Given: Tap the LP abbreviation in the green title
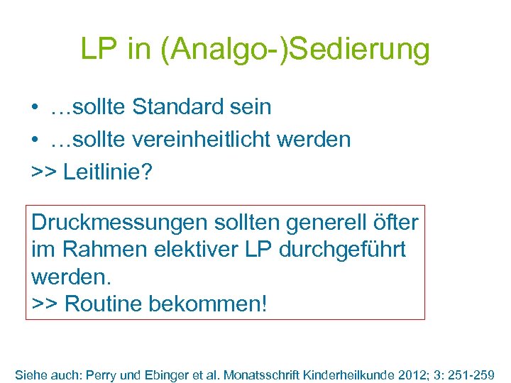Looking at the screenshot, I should click(99, 50).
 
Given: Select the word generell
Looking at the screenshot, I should click(329, 222).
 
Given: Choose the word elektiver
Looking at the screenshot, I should click(190, 250).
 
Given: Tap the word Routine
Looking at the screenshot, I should click(104, 304).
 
